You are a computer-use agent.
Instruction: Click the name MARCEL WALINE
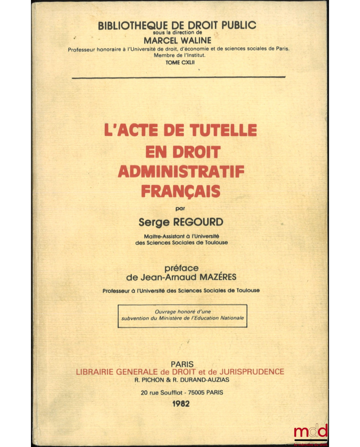(177, 40)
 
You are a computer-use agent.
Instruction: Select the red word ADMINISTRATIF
(181, 172)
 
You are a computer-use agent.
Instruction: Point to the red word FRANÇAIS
(180, 191)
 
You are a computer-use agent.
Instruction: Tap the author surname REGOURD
(198, 222)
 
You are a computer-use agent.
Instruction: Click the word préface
(181, 268)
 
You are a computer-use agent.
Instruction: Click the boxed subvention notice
(183, 315)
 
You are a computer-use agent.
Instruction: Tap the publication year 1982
(181, 403)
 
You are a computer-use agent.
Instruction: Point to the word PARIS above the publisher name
(182, 364)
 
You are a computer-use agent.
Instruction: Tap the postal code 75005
(195, 392)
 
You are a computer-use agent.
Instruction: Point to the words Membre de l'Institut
(179, 55)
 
